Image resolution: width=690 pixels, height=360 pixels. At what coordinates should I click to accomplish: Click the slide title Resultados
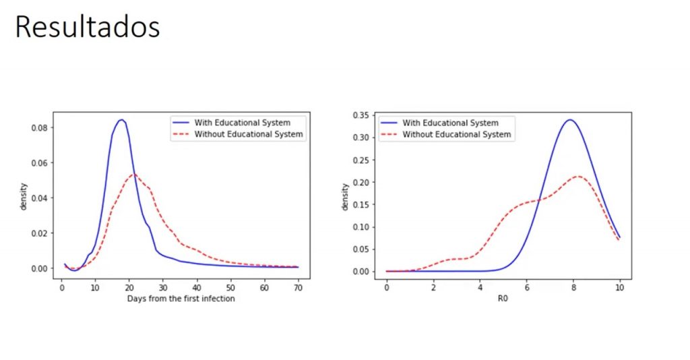(87, 28)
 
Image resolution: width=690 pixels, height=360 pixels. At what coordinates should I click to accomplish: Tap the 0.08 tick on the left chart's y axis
(39, 128)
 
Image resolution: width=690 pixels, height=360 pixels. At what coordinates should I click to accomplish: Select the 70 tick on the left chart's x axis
(298, 287)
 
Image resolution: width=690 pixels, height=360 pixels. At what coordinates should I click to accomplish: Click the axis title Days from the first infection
(181, 298)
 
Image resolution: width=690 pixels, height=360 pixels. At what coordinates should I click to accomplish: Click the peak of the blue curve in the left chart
(121, 120)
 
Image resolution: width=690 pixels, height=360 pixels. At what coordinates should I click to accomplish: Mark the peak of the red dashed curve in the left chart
(134, 174)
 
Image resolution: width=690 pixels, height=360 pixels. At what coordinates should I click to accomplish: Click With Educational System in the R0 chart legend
(450, 123)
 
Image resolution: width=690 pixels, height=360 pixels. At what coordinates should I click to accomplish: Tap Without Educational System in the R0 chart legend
(456, 134)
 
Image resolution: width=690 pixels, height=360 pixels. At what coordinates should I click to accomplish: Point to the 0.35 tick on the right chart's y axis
(362, 115)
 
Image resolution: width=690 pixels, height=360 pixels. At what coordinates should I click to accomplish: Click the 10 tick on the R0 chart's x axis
(619, 287)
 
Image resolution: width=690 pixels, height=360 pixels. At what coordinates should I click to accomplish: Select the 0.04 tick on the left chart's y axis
(39, 198)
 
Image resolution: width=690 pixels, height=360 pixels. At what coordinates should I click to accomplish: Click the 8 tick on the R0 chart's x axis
(573, 287)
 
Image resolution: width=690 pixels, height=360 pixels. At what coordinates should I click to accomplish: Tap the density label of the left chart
(24, 196)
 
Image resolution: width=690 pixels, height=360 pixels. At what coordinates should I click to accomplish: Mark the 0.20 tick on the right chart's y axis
(362, 182)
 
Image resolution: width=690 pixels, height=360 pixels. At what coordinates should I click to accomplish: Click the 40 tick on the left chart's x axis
(196, 287)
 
